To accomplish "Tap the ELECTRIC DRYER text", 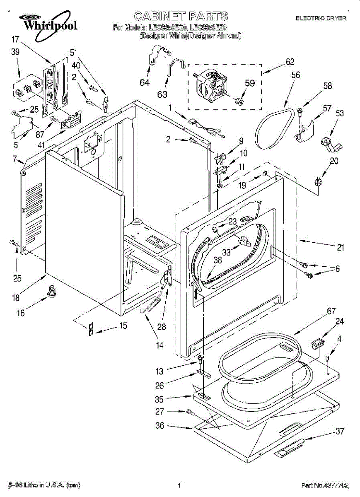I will (321, 19).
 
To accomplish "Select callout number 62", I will (290, 62).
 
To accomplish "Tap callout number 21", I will (340, 248).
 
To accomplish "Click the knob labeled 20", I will (318, 181).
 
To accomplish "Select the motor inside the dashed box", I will (210, 86).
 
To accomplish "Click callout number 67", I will (319, 311).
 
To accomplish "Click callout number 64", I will (145, 82).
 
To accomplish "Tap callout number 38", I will (217, 261).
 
